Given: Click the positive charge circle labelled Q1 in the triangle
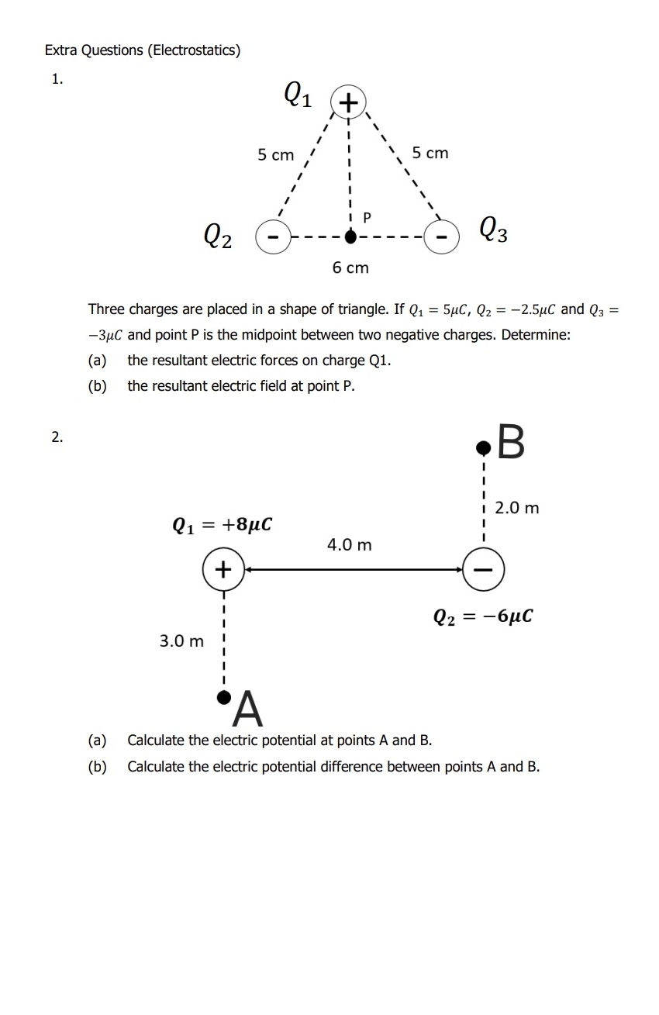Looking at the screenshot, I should click(348, 102).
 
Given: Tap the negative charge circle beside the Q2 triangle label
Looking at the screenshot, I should click(273, 233).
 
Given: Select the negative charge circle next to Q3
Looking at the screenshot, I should click(441, 233).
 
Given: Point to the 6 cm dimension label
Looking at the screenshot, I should click(350, 268).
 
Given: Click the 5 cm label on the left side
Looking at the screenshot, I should click(276, 155).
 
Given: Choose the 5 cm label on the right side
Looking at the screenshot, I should click(430, 153).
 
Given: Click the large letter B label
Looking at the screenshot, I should click(511, 443).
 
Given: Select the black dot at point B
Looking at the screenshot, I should click(483, 447).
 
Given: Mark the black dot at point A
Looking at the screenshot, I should click(223, 697).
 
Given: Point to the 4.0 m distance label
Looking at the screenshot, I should click(349, 545).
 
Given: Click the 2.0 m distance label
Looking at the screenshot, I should click(517, 509).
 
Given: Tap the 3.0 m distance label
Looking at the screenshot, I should click(181, 641).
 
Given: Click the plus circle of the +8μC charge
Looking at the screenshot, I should click(223, 569).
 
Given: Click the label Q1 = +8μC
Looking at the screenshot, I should click(222, 525).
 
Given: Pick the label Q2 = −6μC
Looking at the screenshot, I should click(483, 616).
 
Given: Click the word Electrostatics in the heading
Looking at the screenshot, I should click(193, 50).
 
